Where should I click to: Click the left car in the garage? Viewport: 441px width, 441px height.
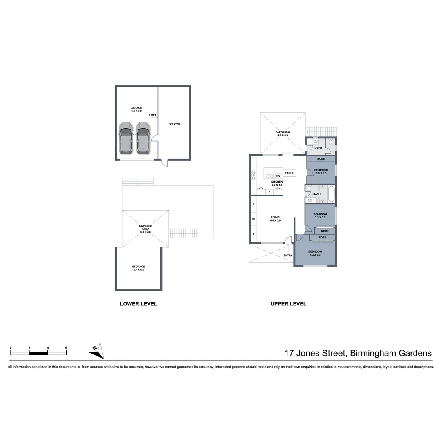126,138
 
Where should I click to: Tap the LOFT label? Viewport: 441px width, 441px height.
153,115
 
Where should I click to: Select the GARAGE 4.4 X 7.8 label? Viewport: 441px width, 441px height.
136,109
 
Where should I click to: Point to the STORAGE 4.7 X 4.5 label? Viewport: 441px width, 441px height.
138,268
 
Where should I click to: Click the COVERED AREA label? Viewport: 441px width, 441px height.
145,229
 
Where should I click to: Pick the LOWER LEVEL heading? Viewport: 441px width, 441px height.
138,304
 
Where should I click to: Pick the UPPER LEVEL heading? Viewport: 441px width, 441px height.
288,304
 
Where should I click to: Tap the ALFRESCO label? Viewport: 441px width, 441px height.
283,133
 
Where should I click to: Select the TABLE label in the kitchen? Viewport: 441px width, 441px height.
289,173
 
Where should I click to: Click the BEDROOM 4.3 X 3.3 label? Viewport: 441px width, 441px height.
315,253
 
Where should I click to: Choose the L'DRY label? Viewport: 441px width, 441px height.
318,148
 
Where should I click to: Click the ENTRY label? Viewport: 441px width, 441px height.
288,256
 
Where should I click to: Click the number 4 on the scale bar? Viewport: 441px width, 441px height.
48,348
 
